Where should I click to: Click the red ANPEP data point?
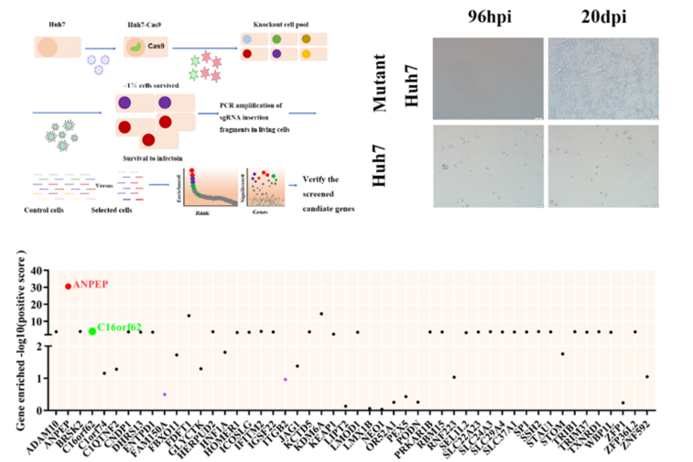pos(68,286)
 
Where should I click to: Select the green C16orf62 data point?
pos(92,331)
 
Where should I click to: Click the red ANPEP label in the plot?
pos(91,285)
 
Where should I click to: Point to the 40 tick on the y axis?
pos(36,271)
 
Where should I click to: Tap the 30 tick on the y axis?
pos(36,287)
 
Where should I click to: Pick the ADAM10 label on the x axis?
pos(43,437)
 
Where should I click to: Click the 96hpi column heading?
pos(489,17)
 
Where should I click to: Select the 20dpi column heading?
pos(603,17)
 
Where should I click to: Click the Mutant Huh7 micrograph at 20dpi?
pos(603,79)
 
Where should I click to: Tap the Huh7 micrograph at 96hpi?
pos(488,166)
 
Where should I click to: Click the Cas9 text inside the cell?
pos(156,46)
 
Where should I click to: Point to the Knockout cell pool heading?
pos(281,24)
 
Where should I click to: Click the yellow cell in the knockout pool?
pos(306,54)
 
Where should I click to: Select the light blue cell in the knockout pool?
pos(248,39)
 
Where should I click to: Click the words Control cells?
pos(44,210)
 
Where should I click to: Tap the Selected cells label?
pos(111,210)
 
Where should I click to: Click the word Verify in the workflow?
pos(314,179)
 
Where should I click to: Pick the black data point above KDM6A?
pos(322,314)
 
